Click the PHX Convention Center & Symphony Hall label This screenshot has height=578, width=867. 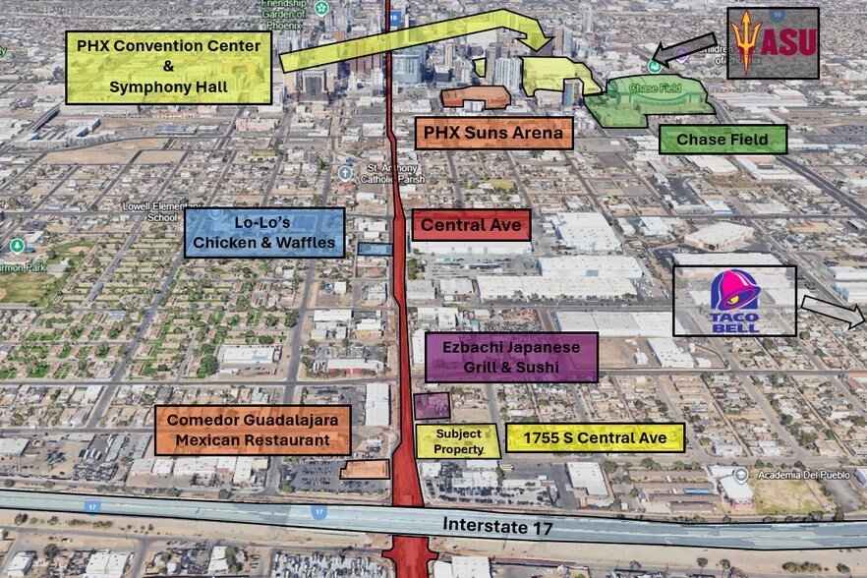coord(169,67)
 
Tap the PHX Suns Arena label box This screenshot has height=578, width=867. coord(493,133)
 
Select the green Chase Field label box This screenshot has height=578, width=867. coord(722,140)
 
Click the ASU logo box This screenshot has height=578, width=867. coord(773,43)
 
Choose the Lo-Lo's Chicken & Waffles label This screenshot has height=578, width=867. coord(264,233)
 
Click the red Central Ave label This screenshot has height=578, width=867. coord(471,226)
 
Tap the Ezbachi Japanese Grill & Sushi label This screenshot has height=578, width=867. coord(511,357)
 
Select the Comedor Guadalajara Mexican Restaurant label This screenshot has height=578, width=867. coord(253,430)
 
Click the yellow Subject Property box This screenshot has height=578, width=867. coord(458,441)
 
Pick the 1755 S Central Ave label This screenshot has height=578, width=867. coord(595,438)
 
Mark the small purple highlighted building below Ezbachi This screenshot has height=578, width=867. coord(432,406)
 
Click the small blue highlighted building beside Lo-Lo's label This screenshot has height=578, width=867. coord(375,250)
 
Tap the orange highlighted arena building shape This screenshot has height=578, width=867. coord(476,96)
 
